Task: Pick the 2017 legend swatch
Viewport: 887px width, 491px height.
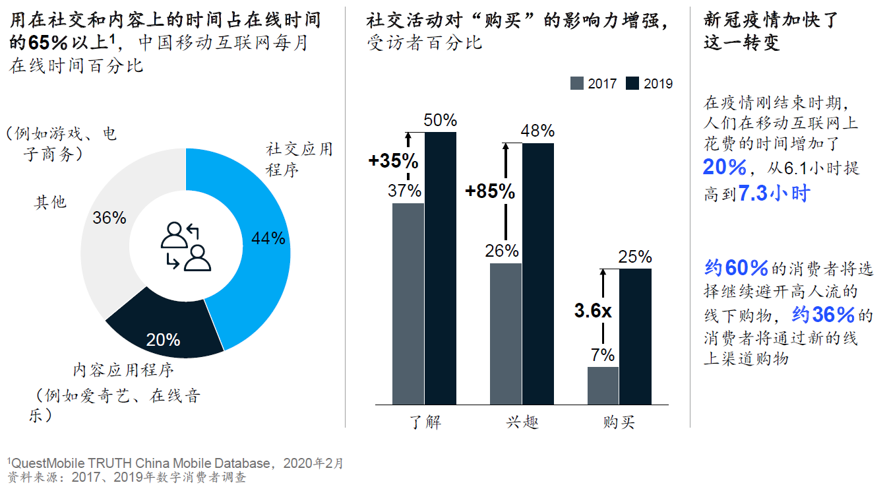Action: [577, 83]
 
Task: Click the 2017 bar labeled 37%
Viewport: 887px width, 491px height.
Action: [408, 304]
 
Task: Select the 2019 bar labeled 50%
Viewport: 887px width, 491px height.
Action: [441, 268]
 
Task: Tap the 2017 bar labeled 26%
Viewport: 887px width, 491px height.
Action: [506, 333]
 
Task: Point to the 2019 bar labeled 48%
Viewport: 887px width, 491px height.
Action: [538, 273]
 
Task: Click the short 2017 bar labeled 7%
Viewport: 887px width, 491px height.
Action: [603, 385]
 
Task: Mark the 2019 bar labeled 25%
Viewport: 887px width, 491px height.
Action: [635, 336]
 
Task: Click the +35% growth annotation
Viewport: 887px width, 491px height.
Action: [394, 160]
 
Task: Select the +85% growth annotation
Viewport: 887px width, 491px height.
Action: [490, 191]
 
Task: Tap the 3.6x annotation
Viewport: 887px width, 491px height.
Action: [593, 311]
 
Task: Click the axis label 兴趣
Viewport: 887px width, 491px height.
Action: [522, 422]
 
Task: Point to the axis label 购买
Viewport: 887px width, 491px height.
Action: [619, 422]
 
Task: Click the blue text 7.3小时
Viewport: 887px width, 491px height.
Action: [773, 194]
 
